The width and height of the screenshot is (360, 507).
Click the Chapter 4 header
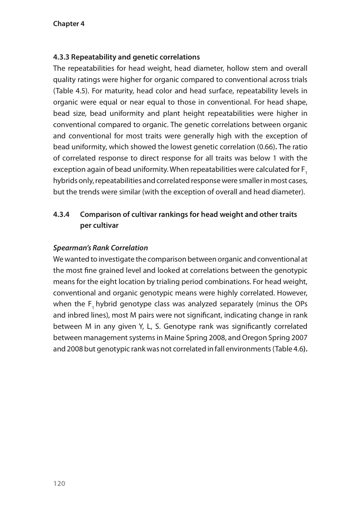tap(69, 24)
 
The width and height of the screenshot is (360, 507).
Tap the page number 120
tap(59, 483)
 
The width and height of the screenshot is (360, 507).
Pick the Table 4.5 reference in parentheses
tap(70, 91)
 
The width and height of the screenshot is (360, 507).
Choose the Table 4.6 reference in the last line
tap(289, 349)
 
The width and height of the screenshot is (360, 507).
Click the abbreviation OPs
tap(300, 304)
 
